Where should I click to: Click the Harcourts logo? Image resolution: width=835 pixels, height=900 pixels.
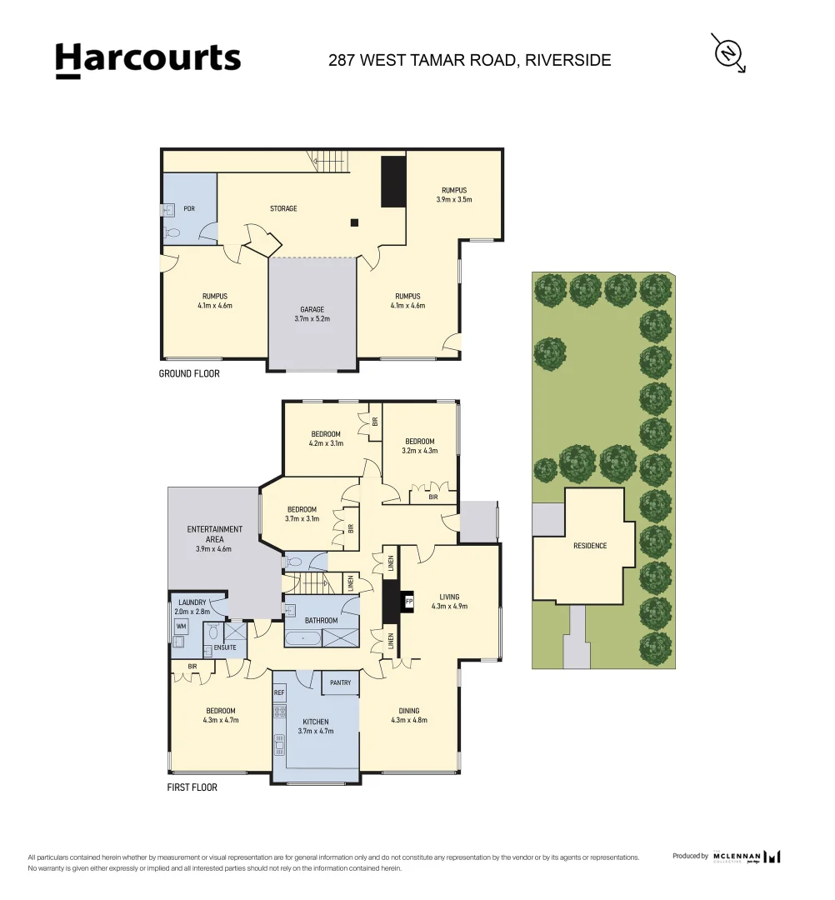(x=147, y=60)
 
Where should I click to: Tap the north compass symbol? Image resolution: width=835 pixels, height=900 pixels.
(x=728, y=52)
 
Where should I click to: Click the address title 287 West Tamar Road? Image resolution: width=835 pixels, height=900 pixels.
(x=470, y=60)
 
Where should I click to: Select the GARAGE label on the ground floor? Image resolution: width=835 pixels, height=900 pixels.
(x=312, y=309)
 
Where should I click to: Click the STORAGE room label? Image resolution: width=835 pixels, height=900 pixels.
(x=283, y=208)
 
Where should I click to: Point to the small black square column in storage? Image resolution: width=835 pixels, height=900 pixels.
(x=354, y=222)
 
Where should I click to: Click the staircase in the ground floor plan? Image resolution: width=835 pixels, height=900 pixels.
(x=333, y=161)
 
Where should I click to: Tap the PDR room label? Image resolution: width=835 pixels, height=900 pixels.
(x=189, y=208)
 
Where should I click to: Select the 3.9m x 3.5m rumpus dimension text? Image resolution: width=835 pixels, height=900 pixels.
(x=454, y=200)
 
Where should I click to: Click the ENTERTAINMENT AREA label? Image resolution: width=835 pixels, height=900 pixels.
(x=215, y=534)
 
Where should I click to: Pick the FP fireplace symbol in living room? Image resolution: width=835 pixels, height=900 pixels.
(x=408, y=600)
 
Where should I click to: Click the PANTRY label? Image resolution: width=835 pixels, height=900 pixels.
(x=340, y=682)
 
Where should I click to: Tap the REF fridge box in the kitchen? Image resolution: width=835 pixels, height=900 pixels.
(x=279, y=692)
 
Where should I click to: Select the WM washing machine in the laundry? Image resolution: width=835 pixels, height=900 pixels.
(x=181, y=625)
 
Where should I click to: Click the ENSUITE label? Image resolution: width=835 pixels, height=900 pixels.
(x=225, y=647)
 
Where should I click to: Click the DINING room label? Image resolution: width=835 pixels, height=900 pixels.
(x=408, y=711)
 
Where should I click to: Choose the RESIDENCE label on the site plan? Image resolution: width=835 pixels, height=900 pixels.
(x=590, y=546)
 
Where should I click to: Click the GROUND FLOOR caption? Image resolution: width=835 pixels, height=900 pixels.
(x=189, y=374)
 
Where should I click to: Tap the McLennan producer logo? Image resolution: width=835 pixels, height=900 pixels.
(x=747, y=857)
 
